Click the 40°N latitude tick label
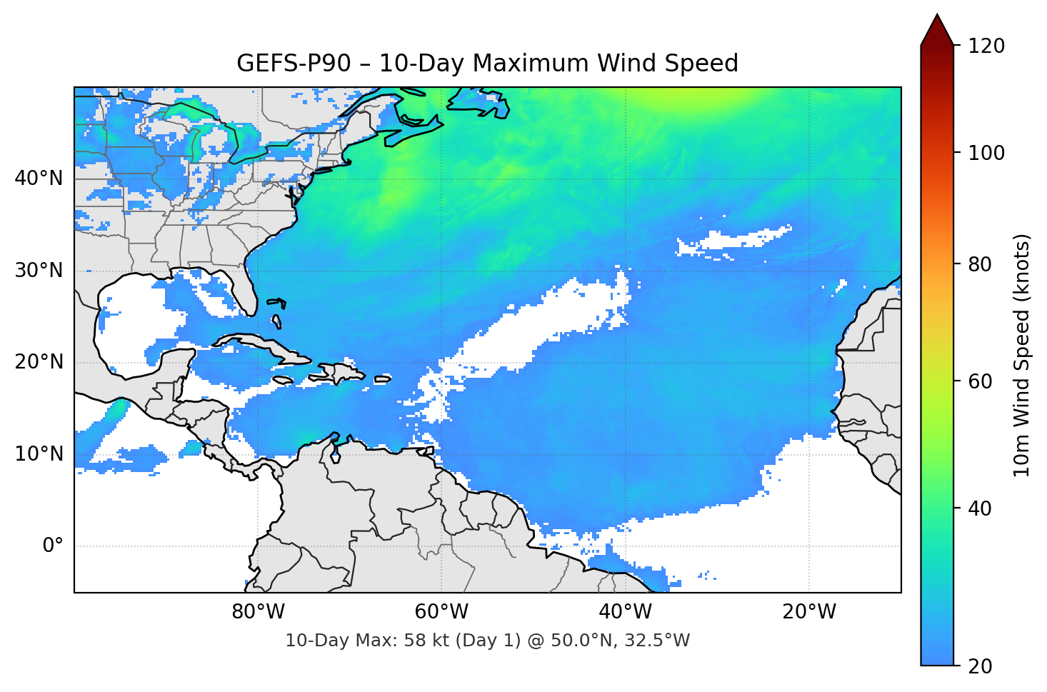39,179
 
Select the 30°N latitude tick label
39,271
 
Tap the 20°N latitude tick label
39,362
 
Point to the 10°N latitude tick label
39,454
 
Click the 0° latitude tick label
53,546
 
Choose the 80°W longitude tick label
258,612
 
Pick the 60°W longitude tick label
441,612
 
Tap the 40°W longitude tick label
625,612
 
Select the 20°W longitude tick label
808,612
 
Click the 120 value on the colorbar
986,46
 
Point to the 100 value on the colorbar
986,153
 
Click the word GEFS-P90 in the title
294,64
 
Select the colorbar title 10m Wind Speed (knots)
1022,355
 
